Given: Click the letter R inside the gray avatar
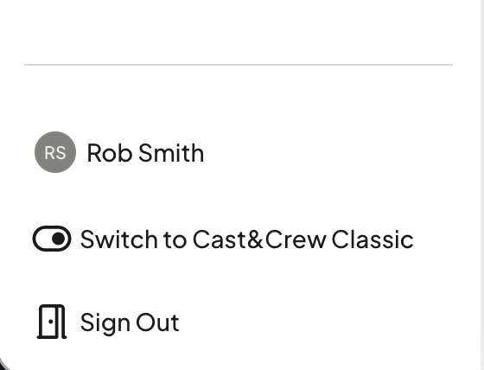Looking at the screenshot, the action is [49, 152].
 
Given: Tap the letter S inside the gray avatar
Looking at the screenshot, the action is [60, 152].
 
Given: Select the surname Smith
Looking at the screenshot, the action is [171, 152].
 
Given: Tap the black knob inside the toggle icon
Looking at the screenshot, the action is [59, 239].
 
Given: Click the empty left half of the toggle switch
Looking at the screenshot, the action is [42, 239].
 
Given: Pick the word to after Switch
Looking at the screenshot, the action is [175, 240].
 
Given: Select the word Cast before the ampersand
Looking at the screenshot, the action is [220, 239].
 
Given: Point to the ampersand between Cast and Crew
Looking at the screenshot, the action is [255, 239].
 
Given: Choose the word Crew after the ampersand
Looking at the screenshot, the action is [296, 239].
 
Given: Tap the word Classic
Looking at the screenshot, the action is [373, 239].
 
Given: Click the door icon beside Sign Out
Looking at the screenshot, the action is [52, 322].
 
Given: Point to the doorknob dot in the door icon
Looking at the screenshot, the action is [50, 322].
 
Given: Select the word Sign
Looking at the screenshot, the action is [105, 323].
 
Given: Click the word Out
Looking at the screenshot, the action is [157, 322].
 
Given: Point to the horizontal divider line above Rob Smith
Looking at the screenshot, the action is [239, 65].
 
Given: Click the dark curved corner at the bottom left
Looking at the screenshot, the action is [3, 365].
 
